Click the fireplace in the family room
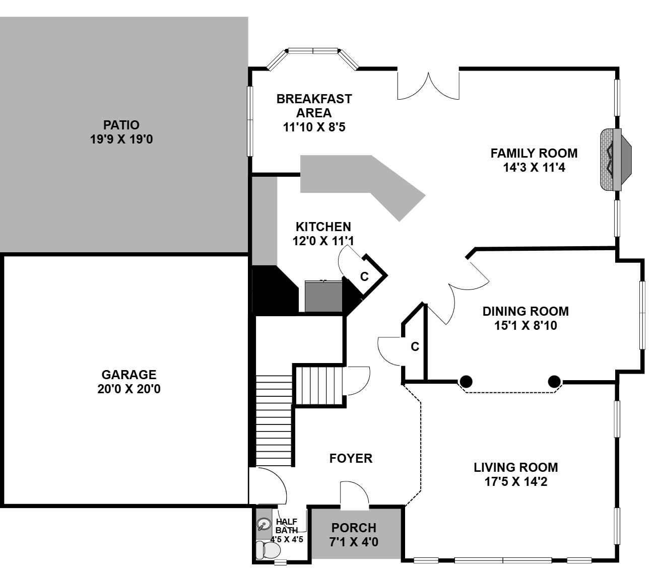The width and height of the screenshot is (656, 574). pos(616,160)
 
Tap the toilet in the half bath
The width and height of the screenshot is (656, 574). pos(268,550)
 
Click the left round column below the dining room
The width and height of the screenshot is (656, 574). pos(466,382)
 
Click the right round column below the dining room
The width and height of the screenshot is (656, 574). pos(554,382)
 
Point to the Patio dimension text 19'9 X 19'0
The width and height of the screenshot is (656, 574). pos(121,139)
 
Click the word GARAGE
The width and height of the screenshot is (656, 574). pos(129,375)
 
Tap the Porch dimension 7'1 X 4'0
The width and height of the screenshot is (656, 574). pos(354,542)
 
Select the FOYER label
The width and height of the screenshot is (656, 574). pos(351,458)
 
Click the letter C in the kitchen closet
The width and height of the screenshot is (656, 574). pos(364,276)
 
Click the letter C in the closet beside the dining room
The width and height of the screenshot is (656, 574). pos(415,346)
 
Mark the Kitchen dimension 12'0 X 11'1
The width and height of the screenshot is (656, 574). pos(323,241)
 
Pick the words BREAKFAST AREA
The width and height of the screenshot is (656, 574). pos(314,106)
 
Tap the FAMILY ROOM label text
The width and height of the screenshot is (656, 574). pos(534,153)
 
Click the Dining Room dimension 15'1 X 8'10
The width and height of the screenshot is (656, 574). pos(526,325)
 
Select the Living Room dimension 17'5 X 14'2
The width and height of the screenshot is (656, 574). pos(516,481)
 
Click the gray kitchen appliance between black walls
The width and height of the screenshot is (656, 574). pos(323,296)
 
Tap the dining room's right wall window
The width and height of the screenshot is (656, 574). pos(642,315)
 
